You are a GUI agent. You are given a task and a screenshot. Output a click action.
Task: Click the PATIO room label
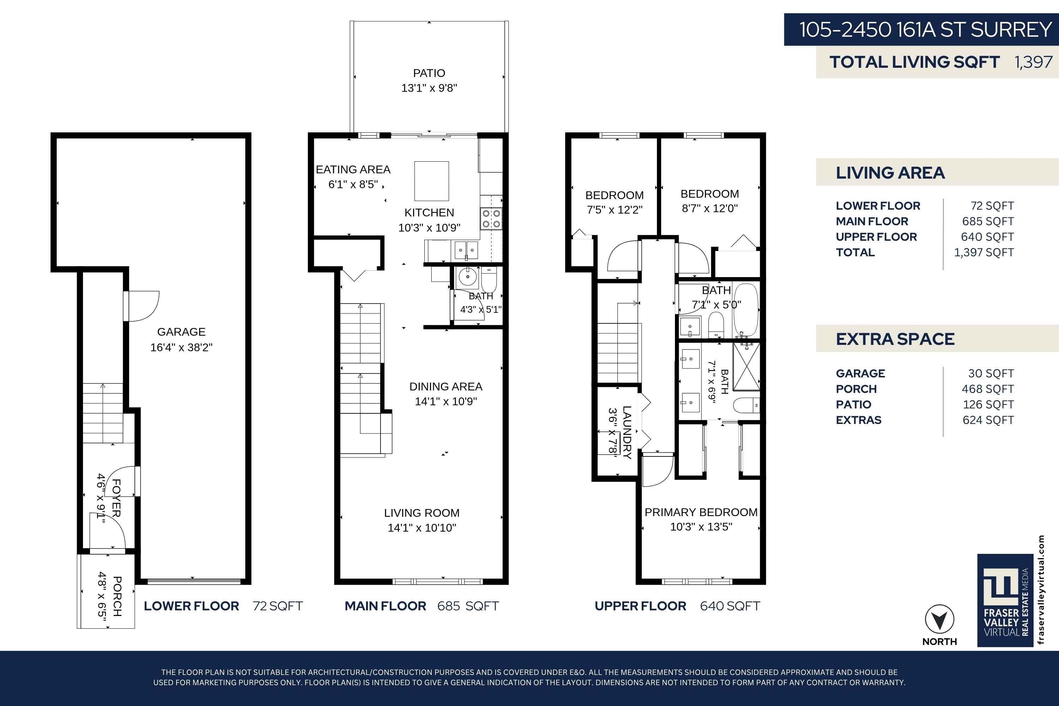[429, 73]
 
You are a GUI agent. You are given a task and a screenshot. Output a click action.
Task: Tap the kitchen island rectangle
[431, 181]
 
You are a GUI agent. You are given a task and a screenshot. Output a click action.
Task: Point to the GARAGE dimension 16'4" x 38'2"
[181, 347]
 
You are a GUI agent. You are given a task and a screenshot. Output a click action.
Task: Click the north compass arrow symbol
[939, 620]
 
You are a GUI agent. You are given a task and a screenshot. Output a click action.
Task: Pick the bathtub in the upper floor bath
[746, 309]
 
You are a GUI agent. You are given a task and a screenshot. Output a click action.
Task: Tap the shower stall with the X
[746, 366]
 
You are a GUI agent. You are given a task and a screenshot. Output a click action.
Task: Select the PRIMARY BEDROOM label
[701, 513]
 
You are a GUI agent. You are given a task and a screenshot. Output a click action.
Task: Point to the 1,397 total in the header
[1033, 62]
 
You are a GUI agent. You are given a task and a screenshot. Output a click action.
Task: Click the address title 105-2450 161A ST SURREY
[926, 30]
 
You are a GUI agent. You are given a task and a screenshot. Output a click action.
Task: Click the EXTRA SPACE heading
[895, 339]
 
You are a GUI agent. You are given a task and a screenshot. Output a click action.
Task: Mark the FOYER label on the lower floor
[116, 498]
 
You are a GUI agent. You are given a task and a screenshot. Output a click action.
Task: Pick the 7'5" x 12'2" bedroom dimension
[615, 210]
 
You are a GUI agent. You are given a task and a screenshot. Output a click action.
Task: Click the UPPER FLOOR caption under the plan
[640, 606]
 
